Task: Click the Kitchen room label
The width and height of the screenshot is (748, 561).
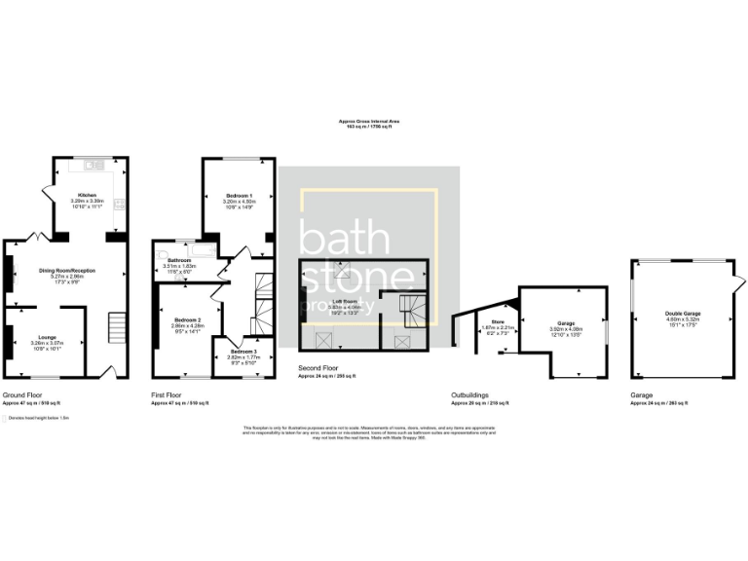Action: [x=88, y=194]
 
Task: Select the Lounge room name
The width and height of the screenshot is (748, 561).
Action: [x=47, y=336]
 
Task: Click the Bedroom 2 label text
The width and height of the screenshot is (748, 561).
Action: [x=188, y=319]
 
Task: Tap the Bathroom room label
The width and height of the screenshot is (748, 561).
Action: [x=178, y=260]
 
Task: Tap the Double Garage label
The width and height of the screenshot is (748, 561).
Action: [x=683, y=313]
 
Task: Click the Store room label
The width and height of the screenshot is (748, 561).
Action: [x=498, y=319]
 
